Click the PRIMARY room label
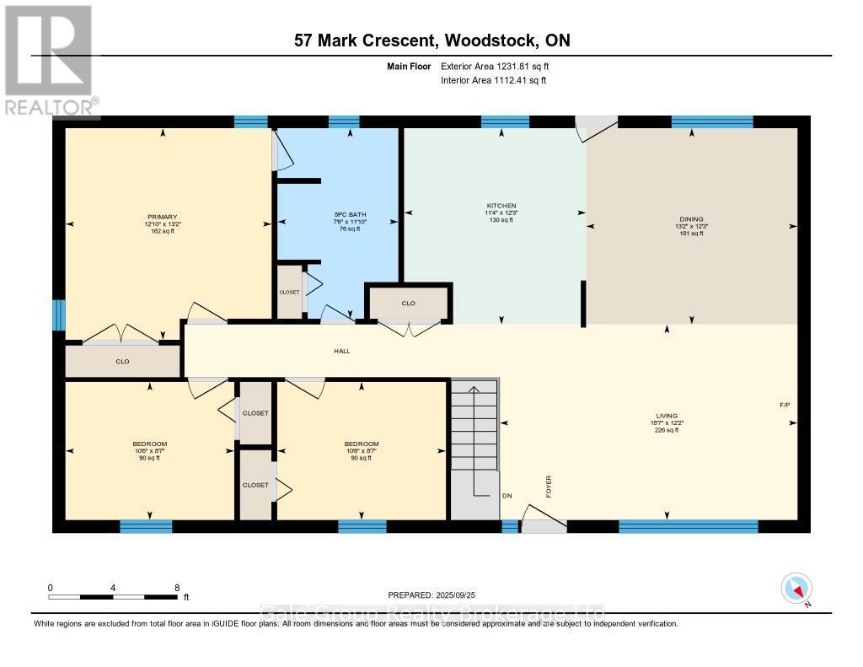click(163, 217)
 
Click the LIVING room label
click(667, 416)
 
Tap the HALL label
click(341, 351)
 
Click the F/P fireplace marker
click(785, 406)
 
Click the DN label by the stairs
click(507, 496)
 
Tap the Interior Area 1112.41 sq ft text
click(494, 81)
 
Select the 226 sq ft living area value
click(667, 430)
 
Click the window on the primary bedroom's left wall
click(59, 315)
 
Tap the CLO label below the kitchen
click(408, 303)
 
